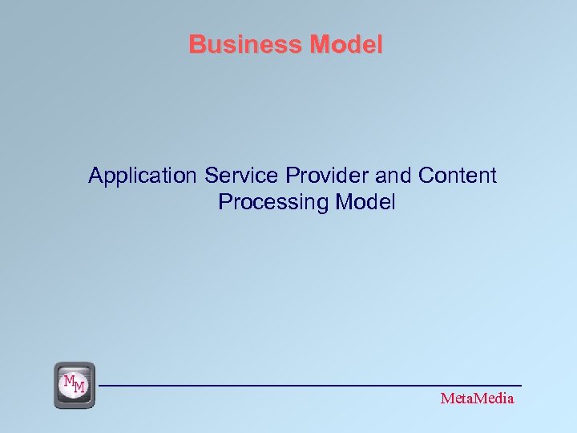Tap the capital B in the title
pos(196,45)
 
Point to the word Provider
pos(316,176)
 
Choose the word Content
pos(458,176)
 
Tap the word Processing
pos(273,203)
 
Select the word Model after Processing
pos(365,203)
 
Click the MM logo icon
pos(75,385)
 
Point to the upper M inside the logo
pos(70,379)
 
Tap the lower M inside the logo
pos(79,389)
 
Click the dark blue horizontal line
pos(313,386)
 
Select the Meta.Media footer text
pos(478,399)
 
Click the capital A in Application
pos(95,176)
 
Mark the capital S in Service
pos(212,176)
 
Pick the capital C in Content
pos(426,176)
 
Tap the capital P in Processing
pos(224,203)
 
